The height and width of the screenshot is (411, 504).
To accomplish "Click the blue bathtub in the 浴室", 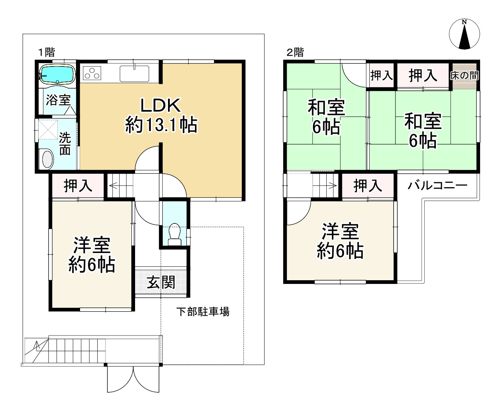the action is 57,74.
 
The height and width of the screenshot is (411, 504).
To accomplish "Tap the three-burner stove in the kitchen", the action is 92,73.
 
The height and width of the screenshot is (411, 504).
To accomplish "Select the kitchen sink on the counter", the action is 134,74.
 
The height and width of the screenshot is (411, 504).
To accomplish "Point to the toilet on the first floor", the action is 174,234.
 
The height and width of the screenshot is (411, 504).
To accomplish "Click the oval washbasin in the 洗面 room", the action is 48,158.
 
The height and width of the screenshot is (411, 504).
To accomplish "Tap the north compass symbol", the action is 464,34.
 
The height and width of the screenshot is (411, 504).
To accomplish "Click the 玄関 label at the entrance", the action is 161,282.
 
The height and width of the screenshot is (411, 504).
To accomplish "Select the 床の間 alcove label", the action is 464,75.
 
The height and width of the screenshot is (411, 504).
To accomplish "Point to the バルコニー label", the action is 437,185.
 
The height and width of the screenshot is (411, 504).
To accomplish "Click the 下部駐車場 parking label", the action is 203,312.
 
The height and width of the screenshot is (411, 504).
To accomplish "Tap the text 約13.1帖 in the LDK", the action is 161,124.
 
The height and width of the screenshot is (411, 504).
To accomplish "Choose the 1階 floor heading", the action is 47,52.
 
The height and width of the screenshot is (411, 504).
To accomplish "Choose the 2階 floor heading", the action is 295,52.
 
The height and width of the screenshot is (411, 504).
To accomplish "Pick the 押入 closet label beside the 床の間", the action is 423,75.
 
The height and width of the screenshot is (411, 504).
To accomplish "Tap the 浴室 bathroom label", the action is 58,100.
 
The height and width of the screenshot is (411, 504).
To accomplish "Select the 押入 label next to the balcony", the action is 368,186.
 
